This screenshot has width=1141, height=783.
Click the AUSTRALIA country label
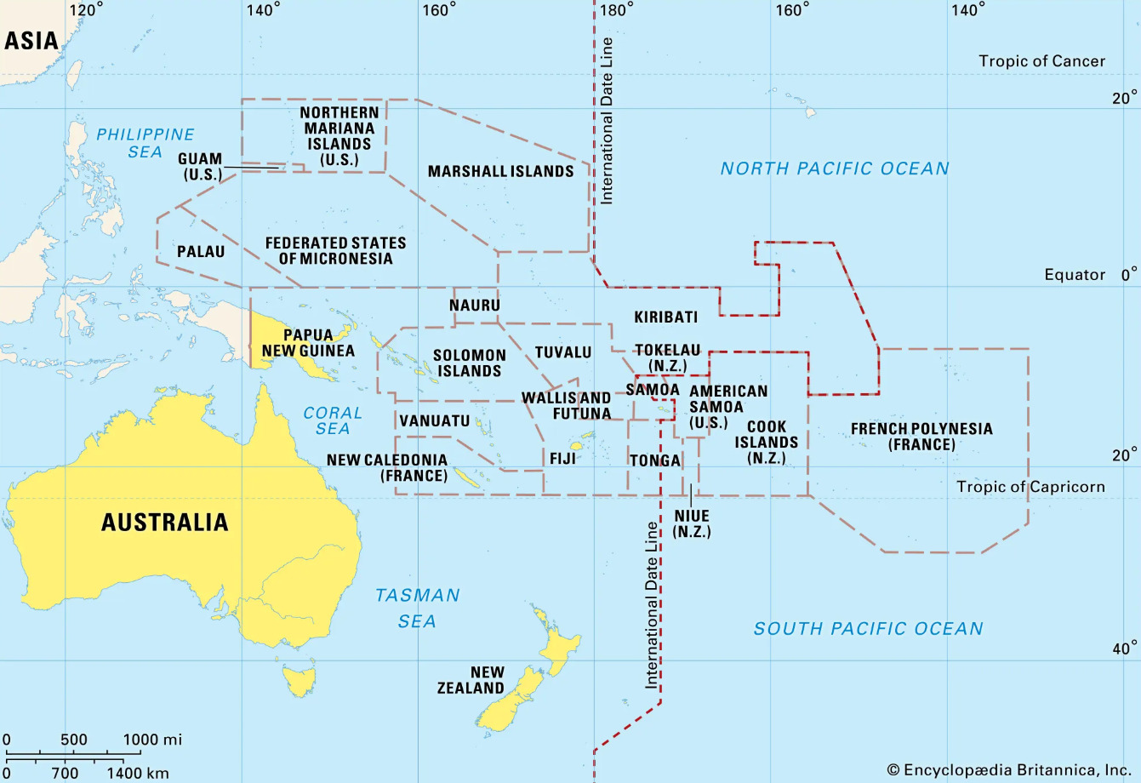(x=164, y=522)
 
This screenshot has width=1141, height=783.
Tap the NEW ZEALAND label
(x=471, y=680)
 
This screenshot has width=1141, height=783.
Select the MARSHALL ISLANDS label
(x=500, y=171)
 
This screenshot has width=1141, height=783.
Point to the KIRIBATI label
(x=665, y=317)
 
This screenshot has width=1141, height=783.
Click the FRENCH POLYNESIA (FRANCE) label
(x=921, y=437)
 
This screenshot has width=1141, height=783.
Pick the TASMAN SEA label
(x=417, y=608)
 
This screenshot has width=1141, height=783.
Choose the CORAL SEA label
(x=333, y=420)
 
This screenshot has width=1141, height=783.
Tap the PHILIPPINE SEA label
(x=145, y=143)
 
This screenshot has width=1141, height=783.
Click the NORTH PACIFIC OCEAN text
(x=834, y=169)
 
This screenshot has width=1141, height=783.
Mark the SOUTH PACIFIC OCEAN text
(x=868, y=629)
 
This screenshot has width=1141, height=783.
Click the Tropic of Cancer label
(x=1041, y=61)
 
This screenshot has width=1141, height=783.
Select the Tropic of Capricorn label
(x=1030, y=487)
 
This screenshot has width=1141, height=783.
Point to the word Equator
(x=1075, y=275)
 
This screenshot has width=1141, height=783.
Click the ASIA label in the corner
(x=31, y=40)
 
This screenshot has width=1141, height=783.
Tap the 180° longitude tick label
(x=616, y=10)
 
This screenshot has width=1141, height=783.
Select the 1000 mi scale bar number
(x=152, y=739)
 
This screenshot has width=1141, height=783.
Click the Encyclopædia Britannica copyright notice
(x=1008, y=770)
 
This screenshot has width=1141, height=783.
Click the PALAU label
(x=201, y=251)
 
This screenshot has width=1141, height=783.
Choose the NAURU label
(x=475, y=305)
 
